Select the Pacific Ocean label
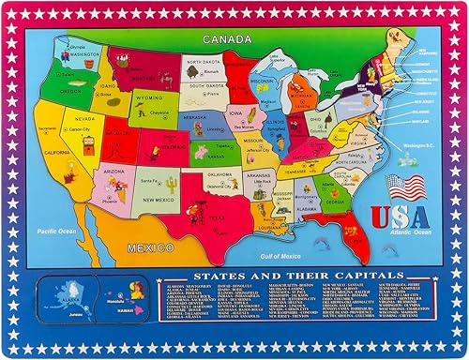[57, 229]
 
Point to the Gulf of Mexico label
[280, 255]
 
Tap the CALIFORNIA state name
[55, 152]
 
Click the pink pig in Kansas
[200, 152]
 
